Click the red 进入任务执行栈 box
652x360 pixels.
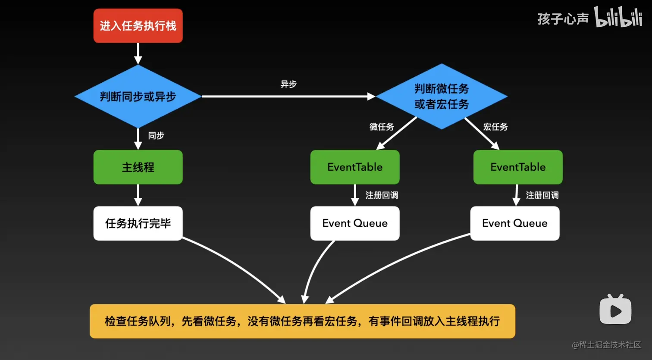(x=138, y=26)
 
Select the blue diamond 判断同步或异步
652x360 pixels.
(x=138, y=97)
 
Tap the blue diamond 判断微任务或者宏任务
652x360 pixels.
(x=441, y=97)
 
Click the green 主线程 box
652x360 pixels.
(x=138, y=167)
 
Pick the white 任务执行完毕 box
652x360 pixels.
(x=138, y=223)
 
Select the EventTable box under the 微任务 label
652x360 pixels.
(x=355, y=167)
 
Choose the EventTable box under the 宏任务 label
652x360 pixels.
(x=518, y=167)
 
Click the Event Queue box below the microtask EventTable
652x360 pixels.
(x=355, y=223)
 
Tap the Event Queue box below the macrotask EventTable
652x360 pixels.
(x=514, y=223)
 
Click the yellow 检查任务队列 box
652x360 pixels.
(x=302, y=321)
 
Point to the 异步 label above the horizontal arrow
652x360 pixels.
(x=288, y=84)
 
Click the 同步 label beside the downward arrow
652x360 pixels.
(x=156, y=136)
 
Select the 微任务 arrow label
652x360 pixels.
(x=382, y=127)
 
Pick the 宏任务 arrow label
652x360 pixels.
(x=495, y=127)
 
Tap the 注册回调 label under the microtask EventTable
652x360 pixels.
(x=382, y=195)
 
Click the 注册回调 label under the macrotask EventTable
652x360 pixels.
(x=542, y=195)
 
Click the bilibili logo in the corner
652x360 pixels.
(x=618, y=17)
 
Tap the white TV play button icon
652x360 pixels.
(x=615, y=310)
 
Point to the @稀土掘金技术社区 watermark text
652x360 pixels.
(x=606, y=345)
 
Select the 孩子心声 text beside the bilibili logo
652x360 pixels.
(x=563, y=19)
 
